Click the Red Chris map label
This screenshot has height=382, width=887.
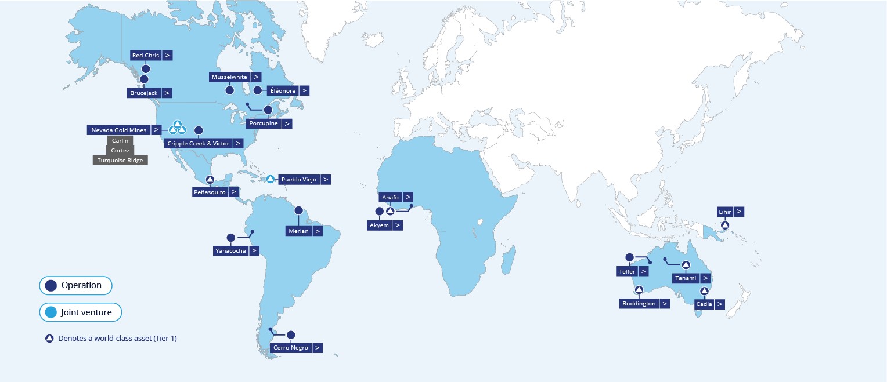click(146, 56)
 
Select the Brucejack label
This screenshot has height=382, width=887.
click(144, 93)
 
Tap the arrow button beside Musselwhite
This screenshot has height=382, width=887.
click(255, 77)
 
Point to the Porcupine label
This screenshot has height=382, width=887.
click(262, 123)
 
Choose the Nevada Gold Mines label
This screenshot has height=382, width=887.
click(119, 130)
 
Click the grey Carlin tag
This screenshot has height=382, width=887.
click(120, 140)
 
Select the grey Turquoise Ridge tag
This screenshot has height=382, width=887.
click(120, 160)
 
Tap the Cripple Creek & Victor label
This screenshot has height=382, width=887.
click(198, 143)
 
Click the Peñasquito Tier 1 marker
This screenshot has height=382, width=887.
click(210, 179)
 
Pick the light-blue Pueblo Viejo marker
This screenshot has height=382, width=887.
click(270, 179)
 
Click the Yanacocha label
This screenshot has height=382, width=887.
click(230, 250)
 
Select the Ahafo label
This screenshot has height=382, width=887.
click(390, 197)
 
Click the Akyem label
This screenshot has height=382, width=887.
click(379, 225)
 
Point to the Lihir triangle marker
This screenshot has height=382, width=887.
click(724, 224)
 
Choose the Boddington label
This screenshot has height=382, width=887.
click(639, 303)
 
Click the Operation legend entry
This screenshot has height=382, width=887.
click(75, 285)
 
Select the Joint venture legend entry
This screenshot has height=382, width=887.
click(80, 312)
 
